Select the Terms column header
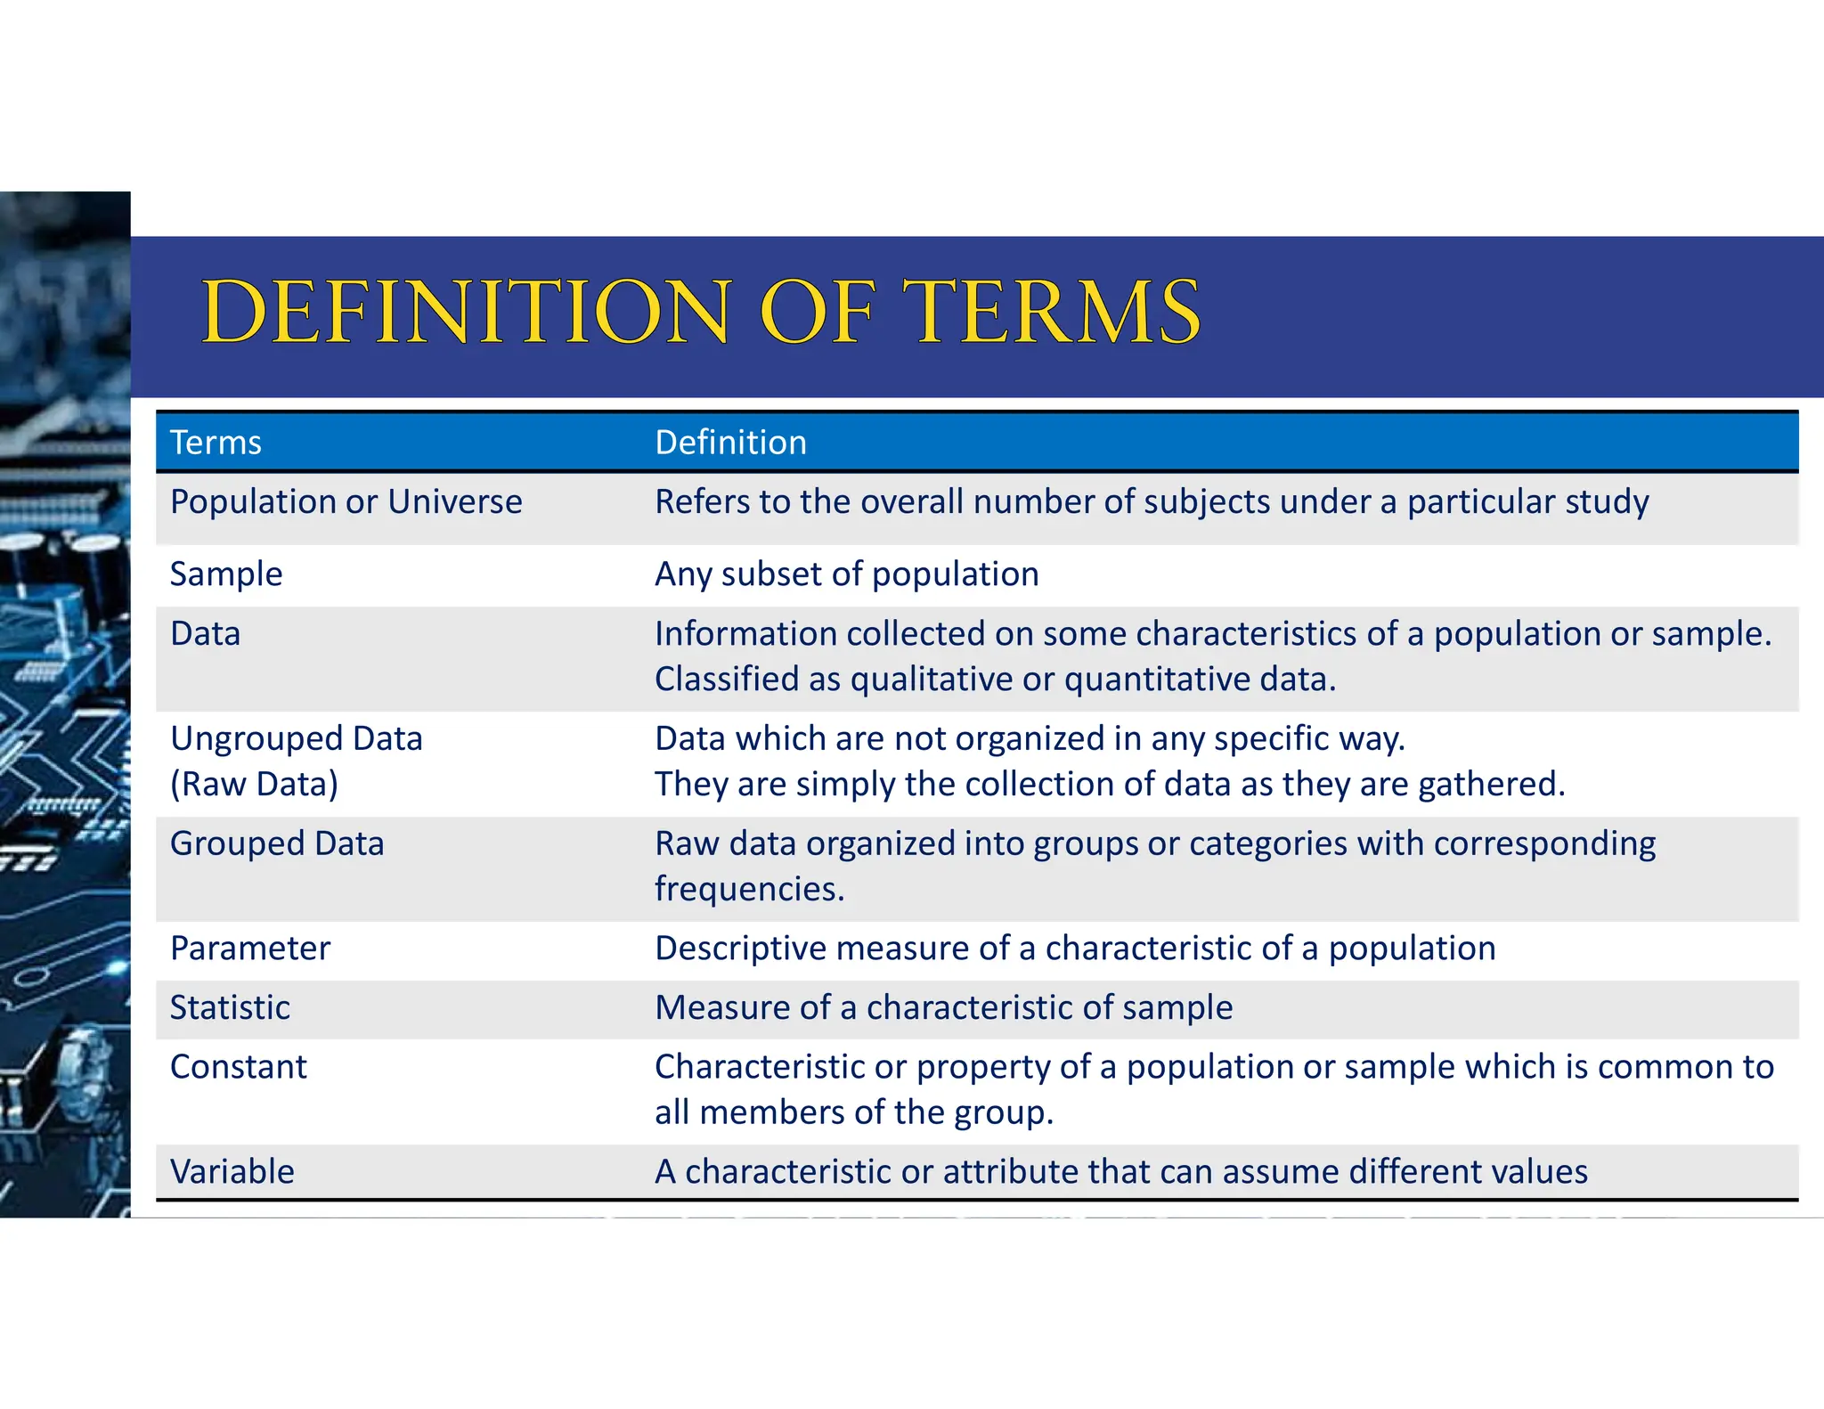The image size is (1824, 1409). pos(216,443)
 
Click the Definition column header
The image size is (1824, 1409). pos(730,443)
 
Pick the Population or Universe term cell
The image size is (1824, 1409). pos(346,502)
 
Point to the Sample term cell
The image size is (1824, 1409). pos(226,574)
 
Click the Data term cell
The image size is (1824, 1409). pos(206,634)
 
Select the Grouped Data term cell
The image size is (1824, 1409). pos(277,843)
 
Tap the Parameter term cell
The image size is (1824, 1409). pos(250,949)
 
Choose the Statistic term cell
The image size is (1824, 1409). pos(230,1007)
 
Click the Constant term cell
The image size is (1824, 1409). pos(239,1067)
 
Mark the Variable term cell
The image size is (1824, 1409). pos(232,1171)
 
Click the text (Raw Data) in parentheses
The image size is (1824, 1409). pos(255,785)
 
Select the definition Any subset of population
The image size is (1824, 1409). pos(846,574)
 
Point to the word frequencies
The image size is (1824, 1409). pos(749,889)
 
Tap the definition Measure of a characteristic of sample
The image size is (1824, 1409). pos(943,1007)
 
